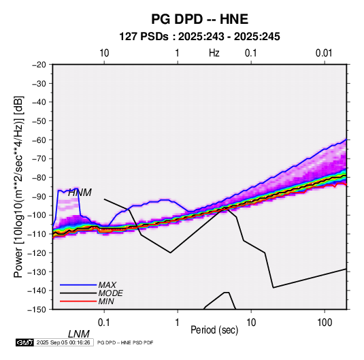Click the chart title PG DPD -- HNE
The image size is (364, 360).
click(199, 19)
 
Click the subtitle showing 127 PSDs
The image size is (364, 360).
click(199, 37)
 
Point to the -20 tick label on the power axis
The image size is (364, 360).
click(39, 65)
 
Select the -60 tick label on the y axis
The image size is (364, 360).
click(39, 140)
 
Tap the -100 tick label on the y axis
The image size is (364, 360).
click(37, 215)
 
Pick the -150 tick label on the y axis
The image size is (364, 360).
click(37, 310)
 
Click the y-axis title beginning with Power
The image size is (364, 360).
click(18, 186)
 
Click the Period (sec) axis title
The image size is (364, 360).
click(214, 330)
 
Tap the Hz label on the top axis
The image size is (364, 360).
click(214, 53)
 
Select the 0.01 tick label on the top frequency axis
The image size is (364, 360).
click(324, 53)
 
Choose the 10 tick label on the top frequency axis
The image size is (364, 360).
click(104, 53)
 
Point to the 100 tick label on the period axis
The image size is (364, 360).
click(325, 323)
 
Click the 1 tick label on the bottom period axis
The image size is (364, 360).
click(178, 323)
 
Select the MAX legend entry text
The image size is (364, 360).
click(107, 285)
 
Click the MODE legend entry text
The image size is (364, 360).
click(110, 293)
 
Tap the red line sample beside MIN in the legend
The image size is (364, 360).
click(78, 301)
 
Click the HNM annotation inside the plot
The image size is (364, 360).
click(80, 193)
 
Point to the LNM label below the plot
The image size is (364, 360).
click(79, 334)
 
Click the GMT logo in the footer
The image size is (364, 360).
click(24, 342)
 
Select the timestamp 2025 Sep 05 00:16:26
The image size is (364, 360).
click(63, 342)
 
